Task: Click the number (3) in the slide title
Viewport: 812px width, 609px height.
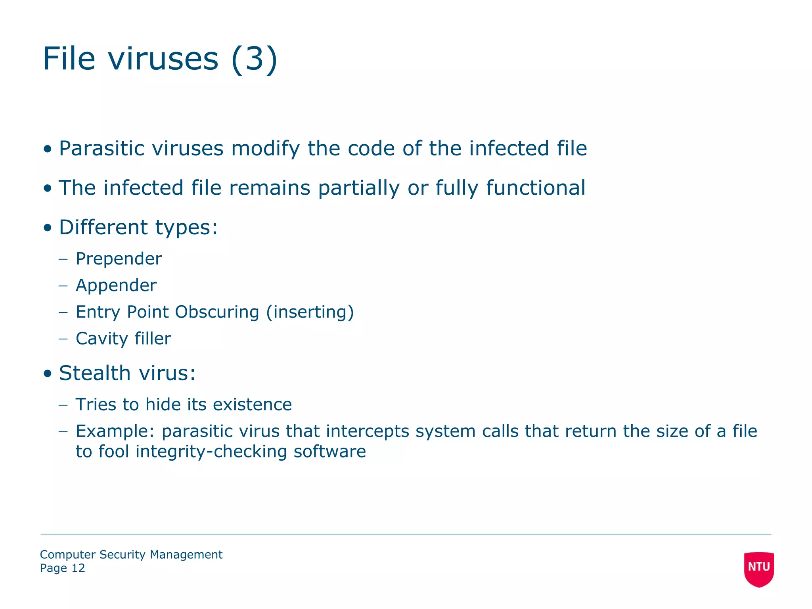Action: click(254, 59)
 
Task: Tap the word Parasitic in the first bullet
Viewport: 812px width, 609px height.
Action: click(102, 149)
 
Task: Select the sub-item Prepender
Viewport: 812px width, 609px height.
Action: click(119, 259)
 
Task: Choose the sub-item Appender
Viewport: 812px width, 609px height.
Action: click(116, 285)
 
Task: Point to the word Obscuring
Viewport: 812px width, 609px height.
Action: click(217, 312)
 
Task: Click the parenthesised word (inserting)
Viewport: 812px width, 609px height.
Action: click(310, 312)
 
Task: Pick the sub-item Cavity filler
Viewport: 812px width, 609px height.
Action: click(123, 339)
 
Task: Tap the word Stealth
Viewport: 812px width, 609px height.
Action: click(94, 373)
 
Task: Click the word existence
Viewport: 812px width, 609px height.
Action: click(252, 405)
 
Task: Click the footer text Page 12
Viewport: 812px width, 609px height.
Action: click(63, 568)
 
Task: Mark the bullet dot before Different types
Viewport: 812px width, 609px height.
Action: click(48, 228)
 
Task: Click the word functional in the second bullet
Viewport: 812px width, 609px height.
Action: click(535, 188)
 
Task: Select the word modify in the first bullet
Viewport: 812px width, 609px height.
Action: click(265, 149)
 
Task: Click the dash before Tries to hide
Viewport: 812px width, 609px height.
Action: click(63, 405)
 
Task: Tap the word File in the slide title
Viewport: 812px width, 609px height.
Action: click(69, 59)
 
